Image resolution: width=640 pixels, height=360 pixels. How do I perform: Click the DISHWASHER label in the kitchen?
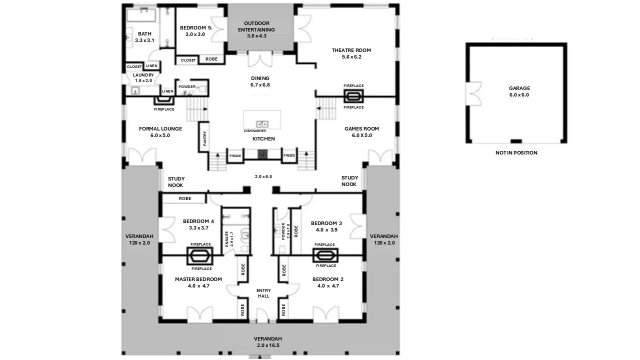[x=254, y=131]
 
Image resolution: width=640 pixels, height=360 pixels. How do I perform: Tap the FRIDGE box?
[x=235, y=156]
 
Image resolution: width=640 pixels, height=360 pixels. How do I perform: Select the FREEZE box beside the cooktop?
[x=289, y=155]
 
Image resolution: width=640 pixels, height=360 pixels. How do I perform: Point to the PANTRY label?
[x=204, y=138]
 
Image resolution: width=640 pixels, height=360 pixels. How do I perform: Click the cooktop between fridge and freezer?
[x=262, y=154]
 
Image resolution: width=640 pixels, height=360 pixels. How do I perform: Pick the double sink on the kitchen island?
[x=261, y=123]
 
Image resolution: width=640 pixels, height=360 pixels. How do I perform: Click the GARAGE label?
[x=519, y=88]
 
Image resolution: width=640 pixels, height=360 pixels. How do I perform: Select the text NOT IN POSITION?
[x=516, y=152]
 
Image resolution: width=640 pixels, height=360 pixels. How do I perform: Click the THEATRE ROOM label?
[x=351, y=50]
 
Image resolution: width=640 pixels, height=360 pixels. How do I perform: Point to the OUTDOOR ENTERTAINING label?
[x=256, y=26]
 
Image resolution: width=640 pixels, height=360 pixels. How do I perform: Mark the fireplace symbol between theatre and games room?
[x=353, y=96]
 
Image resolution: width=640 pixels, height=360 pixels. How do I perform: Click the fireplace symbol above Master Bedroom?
[x=200, y=256]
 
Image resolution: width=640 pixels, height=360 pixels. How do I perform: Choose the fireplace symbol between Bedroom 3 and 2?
[x=325, y=255]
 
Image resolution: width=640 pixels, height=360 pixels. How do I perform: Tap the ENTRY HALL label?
[x=263, y=293]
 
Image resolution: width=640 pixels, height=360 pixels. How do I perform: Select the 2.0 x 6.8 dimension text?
[x=263, y=176]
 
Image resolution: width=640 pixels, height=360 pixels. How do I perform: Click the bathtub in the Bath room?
[x=141, y=15]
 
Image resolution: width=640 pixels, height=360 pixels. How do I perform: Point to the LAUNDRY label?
[x=143, y=75]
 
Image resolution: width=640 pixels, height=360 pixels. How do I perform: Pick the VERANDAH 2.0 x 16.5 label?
[x=263, y=341]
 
